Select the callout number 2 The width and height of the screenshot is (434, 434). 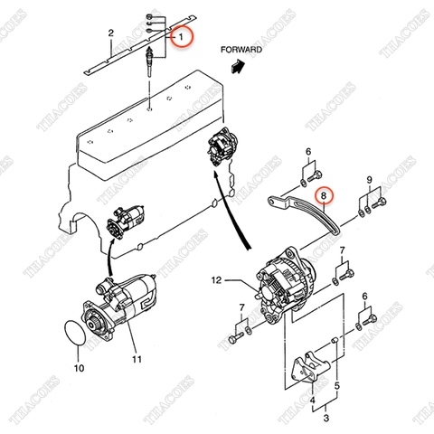(x=110, y=33)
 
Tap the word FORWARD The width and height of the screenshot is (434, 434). (x=241, y=50)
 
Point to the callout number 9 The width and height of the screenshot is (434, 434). (x=369, y=182)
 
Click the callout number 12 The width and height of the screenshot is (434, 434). (x=216, y=281)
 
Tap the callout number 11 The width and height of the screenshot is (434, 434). (x=137, y=360)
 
